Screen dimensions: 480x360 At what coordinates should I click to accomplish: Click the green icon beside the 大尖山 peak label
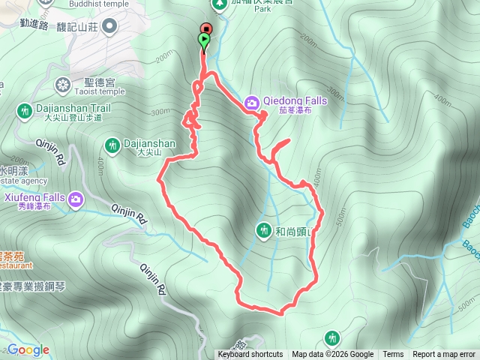pos(112,144)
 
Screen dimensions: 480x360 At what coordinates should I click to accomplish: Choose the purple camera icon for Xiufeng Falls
pos(76,199)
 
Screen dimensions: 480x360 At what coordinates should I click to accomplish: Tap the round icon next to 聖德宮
pos(63,83)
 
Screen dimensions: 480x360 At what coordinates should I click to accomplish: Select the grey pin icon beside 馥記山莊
pos(109,27)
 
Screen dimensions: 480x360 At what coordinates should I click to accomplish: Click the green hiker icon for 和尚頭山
pos(262,229)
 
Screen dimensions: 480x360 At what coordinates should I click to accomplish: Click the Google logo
pos(28,349)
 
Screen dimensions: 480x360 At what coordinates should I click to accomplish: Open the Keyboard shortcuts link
pos(250,355)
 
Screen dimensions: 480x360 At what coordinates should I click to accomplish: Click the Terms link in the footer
pos(393,355)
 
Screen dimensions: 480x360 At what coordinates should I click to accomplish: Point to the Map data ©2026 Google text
pos(332,355)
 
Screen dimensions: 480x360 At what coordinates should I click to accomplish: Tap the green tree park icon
pos(220,4)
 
